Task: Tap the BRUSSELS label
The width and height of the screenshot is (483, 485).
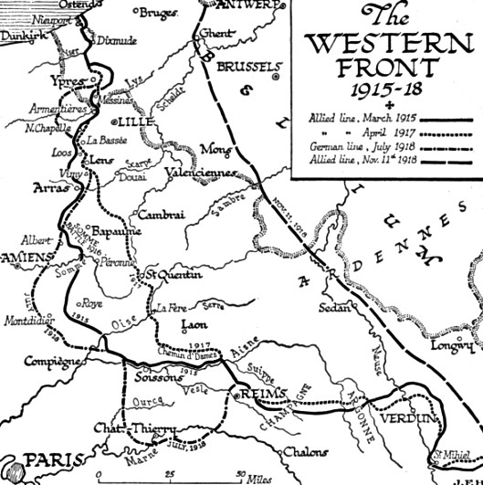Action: (x=247, y=68)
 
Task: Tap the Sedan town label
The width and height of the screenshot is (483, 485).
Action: (x=334, y=309)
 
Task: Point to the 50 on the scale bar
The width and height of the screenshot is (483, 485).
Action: (x=240, y=474)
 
